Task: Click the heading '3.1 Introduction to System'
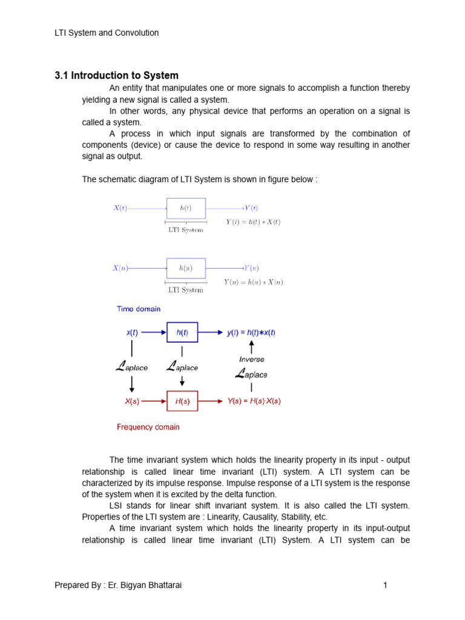tap(117, 76)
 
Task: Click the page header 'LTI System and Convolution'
tap(107, 33)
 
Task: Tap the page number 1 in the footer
tap(384, 585)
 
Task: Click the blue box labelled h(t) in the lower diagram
tap(182, 332)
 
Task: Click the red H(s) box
tap(182, 401)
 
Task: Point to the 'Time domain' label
tap(139, 309)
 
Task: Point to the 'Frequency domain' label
tap(148, 427)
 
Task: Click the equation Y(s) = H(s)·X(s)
tap(254, 401)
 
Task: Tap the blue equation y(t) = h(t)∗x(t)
tap(251, 332)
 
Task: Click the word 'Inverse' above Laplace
tap(251, 359)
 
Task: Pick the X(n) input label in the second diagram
tap(120, 268)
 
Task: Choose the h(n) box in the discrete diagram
tap(186, 268)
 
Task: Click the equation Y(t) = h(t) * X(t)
tap(253, 222)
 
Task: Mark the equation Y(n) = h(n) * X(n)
tap(253, 282)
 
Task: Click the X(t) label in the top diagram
tap(120, 208)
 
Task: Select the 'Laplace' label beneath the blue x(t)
tap(131, 366)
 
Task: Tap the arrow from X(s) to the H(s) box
tap(155, 401)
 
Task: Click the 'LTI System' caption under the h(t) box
tap(185, 230)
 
